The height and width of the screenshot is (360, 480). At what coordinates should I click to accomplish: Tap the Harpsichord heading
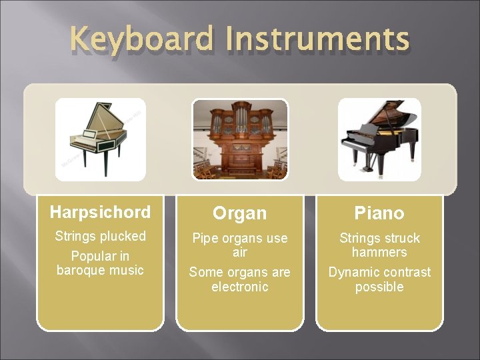point(100,213)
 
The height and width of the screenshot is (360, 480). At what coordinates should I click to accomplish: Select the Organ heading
point(239,213)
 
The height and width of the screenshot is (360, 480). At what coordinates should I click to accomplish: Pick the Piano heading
point(379,213)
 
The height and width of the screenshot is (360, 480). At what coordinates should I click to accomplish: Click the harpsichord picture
point(100,139)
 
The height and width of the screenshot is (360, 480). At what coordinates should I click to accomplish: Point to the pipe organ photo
point(240,139)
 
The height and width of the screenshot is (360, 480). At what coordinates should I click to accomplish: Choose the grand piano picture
point(379,139)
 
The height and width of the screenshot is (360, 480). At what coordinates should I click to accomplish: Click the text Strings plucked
point(100,236)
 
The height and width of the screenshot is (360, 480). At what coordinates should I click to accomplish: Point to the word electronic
point(239,287)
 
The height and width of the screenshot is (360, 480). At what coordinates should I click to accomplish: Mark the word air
point(239,253)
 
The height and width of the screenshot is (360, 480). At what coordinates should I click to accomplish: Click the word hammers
point(379,252)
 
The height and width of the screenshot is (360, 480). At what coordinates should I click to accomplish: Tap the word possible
point(379,287)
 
